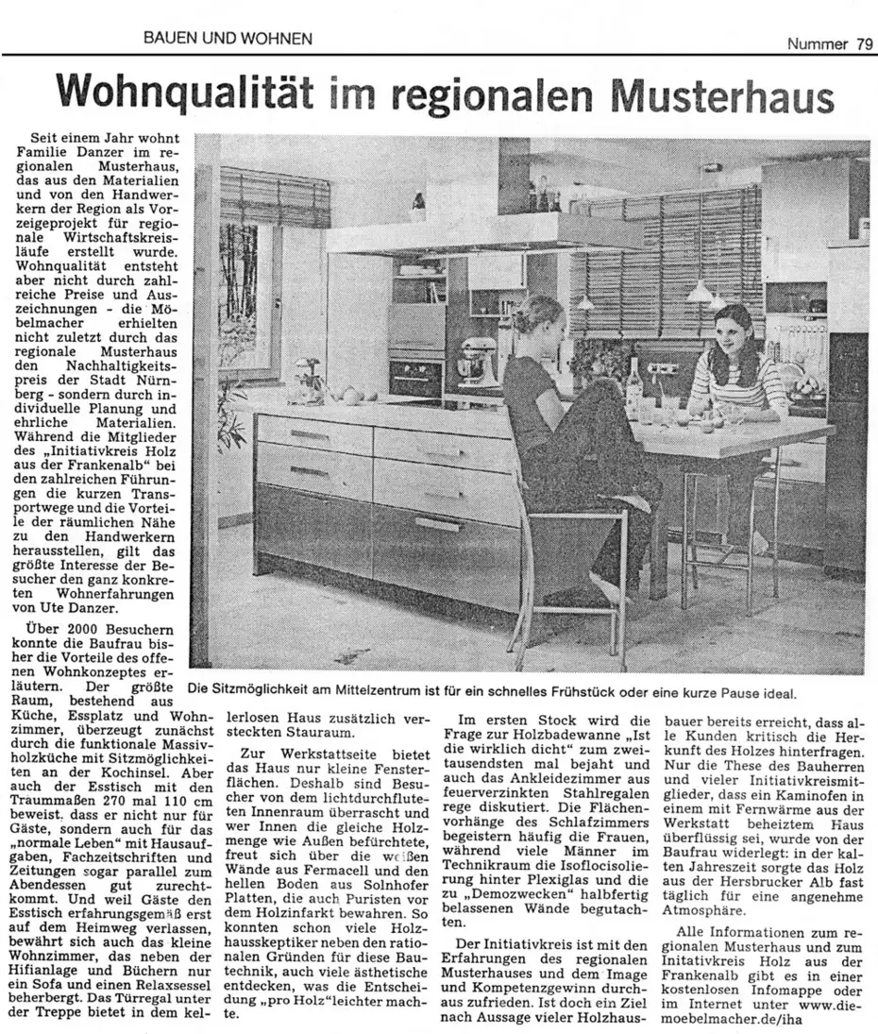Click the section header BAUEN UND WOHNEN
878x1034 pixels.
click(228, 39)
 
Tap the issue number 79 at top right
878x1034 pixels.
click(864, 43)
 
